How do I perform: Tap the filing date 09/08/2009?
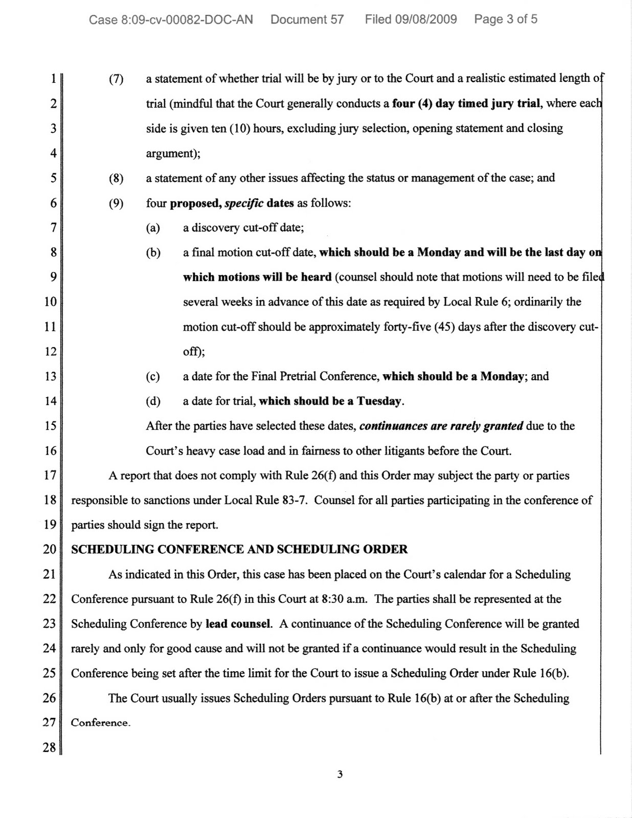click(425, 19)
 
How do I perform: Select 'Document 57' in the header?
click(307, 20)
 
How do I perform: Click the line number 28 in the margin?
click(49, 747)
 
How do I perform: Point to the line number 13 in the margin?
click(50, 377)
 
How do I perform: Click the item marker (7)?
click(116, 79)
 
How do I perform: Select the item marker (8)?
click(116, 178)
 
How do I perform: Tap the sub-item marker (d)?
click(153, 401)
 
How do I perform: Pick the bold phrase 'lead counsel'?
click(238, 624)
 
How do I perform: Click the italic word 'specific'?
click(244, 203)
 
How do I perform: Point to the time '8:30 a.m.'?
click(344, 599)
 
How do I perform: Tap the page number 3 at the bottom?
click(340, 775)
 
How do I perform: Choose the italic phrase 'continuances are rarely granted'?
click(441, 426)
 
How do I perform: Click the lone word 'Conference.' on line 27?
click(100, 723)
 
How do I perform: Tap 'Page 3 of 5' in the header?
click(505, 19)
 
